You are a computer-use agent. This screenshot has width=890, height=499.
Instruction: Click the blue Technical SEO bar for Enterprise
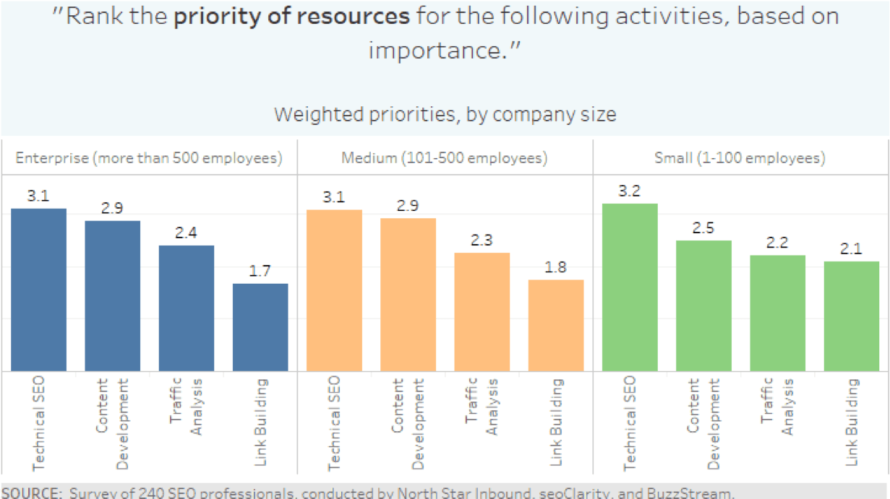pyautogui.click(x=38, y=290)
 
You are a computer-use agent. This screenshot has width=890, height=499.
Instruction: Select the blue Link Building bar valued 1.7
pyautogui.click(x=260, y=327)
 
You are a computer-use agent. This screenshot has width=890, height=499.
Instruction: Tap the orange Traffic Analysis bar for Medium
pyautogui.click(x=482, y=312)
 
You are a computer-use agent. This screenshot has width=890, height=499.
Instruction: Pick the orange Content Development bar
pyautogui.click(x=408, y=295)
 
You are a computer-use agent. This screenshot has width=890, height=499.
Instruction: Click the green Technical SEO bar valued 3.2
pyautogui.click(x=630, y=287)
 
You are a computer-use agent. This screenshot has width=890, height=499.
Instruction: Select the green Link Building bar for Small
pyautogui.click(x=851, y=316)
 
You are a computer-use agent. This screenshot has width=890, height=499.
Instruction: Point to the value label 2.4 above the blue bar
pyautogui.click(x=186, y=233)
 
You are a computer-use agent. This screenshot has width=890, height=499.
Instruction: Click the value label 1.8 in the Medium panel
pyautogui.click(x=556, y=267)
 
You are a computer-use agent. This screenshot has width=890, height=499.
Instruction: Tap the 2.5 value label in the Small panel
pyautogui.click(x=703, y=228)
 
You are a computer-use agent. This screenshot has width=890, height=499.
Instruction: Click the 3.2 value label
pyautogui.click(x=630, y=191)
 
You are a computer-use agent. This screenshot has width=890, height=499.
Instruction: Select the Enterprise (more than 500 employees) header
pyautogui.click(x=149, y=157)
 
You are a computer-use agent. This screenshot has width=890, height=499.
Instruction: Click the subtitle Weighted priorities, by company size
pyautogui.click(x=445, y=114)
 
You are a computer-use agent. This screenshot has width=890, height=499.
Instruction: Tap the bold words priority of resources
pyautogui.click(x=291, y=17)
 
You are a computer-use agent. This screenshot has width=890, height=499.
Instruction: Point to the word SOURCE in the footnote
pyautogui.click(x=30, y=494)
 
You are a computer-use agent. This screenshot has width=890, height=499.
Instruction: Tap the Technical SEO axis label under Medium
pyautogui.click(x=334, y=422)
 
